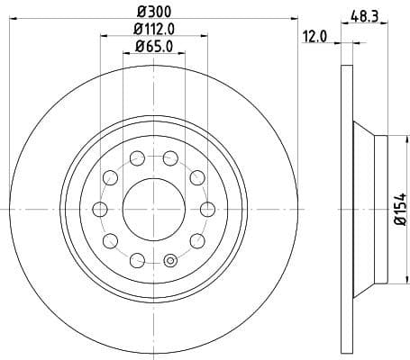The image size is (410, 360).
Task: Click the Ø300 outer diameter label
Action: [153, 11]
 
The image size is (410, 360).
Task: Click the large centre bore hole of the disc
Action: [153, 209]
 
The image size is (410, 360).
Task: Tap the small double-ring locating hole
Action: [169, 261]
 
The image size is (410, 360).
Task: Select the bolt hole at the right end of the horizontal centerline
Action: [207, 209]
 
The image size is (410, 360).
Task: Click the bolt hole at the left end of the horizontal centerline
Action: [99, 209]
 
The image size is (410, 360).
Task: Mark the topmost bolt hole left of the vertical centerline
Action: [137, 158]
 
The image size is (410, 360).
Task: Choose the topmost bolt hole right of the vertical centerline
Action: [170, 158]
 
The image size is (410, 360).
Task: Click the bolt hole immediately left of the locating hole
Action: [137, 260]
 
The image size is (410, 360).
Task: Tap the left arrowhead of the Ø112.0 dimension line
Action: [102, 37]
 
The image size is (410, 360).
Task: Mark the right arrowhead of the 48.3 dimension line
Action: [385, 26]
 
